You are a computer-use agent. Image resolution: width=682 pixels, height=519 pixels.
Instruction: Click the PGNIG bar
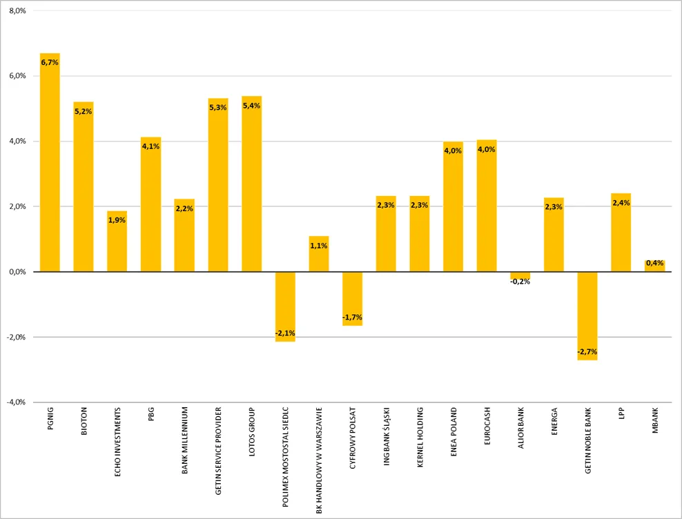click(50, 162)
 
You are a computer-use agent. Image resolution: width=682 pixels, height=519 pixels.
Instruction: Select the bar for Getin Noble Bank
click(587, 316)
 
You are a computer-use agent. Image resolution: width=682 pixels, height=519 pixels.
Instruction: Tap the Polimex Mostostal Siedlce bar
click(285, 306)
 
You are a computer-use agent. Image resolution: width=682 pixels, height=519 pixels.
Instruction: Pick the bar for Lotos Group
click(252, 184)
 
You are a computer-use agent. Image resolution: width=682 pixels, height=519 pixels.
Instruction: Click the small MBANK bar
click(654, 266)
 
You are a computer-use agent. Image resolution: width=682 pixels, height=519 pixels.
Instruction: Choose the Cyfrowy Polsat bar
click(352, 299)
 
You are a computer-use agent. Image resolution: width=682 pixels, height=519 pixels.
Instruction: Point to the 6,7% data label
click(50, 63)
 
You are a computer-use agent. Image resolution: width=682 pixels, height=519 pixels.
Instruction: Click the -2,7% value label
click(587, 351)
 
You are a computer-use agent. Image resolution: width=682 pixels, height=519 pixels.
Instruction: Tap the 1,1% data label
click(319, 246)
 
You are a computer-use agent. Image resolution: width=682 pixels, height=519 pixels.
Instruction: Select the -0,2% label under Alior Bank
click(520, 282)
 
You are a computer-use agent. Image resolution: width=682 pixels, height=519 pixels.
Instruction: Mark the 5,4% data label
click(252, 106)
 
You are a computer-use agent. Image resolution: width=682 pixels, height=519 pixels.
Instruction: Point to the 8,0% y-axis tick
click(17, 11)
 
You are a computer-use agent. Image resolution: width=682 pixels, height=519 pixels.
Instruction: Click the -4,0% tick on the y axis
click(16, 402)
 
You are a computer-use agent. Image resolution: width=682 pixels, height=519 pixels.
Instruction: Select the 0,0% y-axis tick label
click(17, 272)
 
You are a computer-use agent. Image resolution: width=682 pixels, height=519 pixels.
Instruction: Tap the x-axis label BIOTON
click(84, 421)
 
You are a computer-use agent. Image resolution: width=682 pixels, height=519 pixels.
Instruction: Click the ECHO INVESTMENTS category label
click(117, 442)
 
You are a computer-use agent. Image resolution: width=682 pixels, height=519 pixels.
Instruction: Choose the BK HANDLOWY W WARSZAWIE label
click(319, 461)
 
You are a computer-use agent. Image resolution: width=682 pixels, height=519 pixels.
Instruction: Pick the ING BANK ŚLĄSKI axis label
click(387, 436)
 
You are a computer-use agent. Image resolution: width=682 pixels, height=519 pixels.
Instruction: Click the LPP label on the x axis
click(621, 413)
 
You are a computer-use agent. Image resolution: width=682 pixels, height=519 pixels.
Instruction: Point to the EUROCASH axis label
click(487, 426)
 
